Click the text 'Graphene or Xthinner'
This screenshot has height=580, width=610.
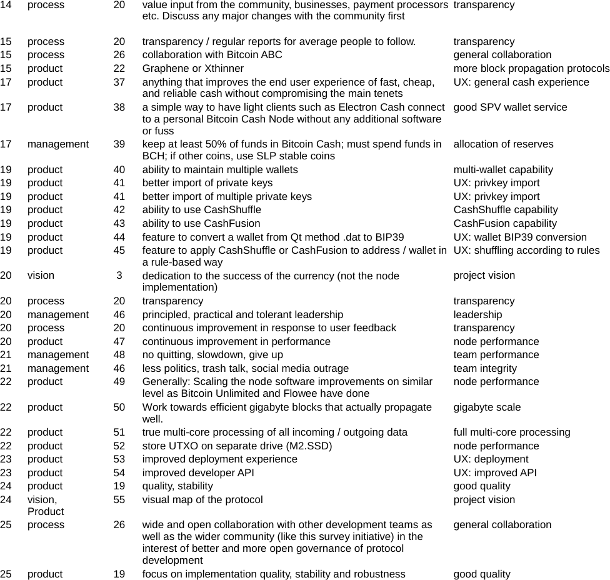(193, 69)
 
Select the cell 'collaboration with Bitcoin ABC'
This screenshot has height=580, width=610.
(212, 55)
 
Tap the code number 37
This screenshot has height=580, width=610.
(119, 82)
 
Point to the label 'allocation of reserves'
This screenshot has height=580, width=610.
(503, 144)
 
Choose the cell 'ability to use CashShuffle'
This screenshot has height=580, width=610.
(202, 210)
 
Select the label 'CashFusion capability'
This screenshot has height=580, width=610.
(505, 224)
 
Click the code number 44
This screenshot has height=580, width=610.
(119, 237)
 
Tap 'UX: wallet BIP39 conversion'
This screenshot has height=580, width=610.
(520, 237)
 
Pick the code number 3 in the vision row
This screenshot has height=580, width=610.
(119, 276)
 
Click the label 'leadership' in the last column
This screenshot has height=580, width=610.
(477, 315)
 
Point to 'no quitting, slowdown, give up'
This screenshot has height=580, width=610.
(212, 355)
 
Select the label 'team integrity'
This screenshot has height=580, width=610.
(485, 369)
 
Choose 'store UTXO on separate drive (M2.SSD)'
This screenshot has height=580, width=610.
(237, 446)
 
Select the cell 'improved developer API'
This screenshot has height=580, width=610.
(198, 473)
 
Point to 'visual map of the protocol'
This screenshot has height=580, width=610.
(202, 500)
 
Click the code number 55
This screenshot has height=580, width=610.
(119, 500)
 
